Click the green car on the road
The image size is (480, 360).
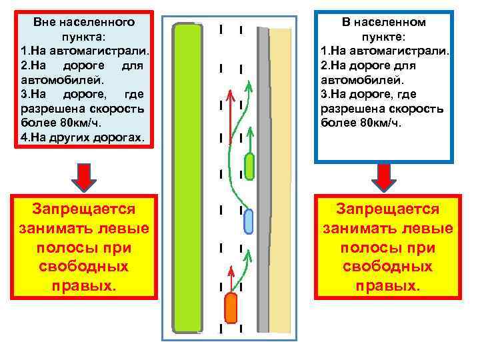pyautogui.click(x=249, y=167)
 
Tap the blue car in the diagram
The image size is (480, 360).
pyautogui.click(x=249, y=221)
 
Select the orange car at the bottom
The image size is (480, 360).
pyautogui.click(x=231, y=307)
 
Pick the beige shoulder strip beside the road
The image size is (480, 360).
pyautogui.click(x=281, y=180)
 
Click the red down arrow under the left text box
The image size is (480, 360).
pyautogui.click(x=84, y=177)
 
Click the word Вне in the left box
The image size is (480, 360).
pyautogui.click(x=45, y=22)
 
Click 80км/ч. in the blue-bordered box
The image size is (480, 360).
pyautogui.click(x=376, y=123)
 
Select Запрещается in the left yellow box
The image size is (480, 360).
pyautogui.click(x=84, y=209)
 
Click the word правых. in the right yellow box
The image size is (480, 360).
pyautogui.click(x=387, y=286)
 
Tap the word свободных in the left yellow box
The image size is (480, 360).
pyautogui.click(x=84, y=267)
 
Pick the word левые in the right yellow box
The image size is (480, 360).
pyautogui.click(x=427, y=229)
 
